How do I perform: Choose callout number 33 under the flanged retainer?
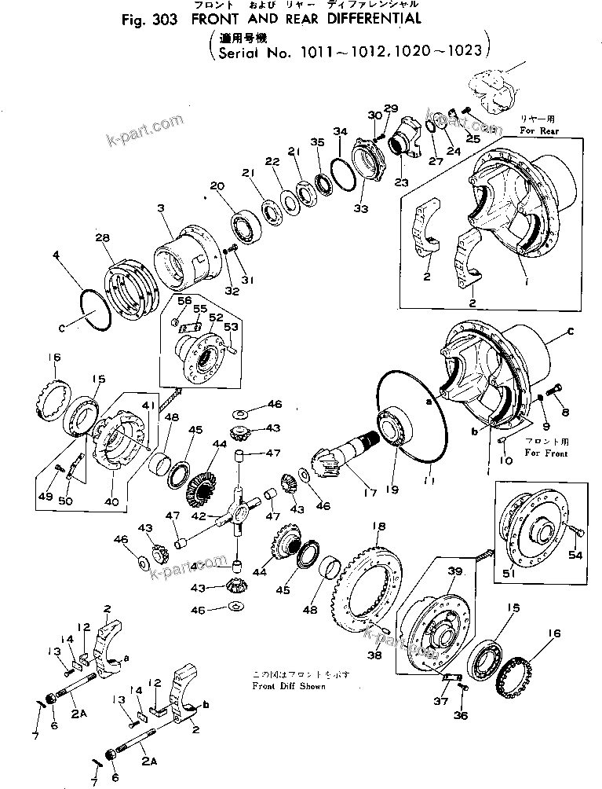(x=359, y=209)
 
